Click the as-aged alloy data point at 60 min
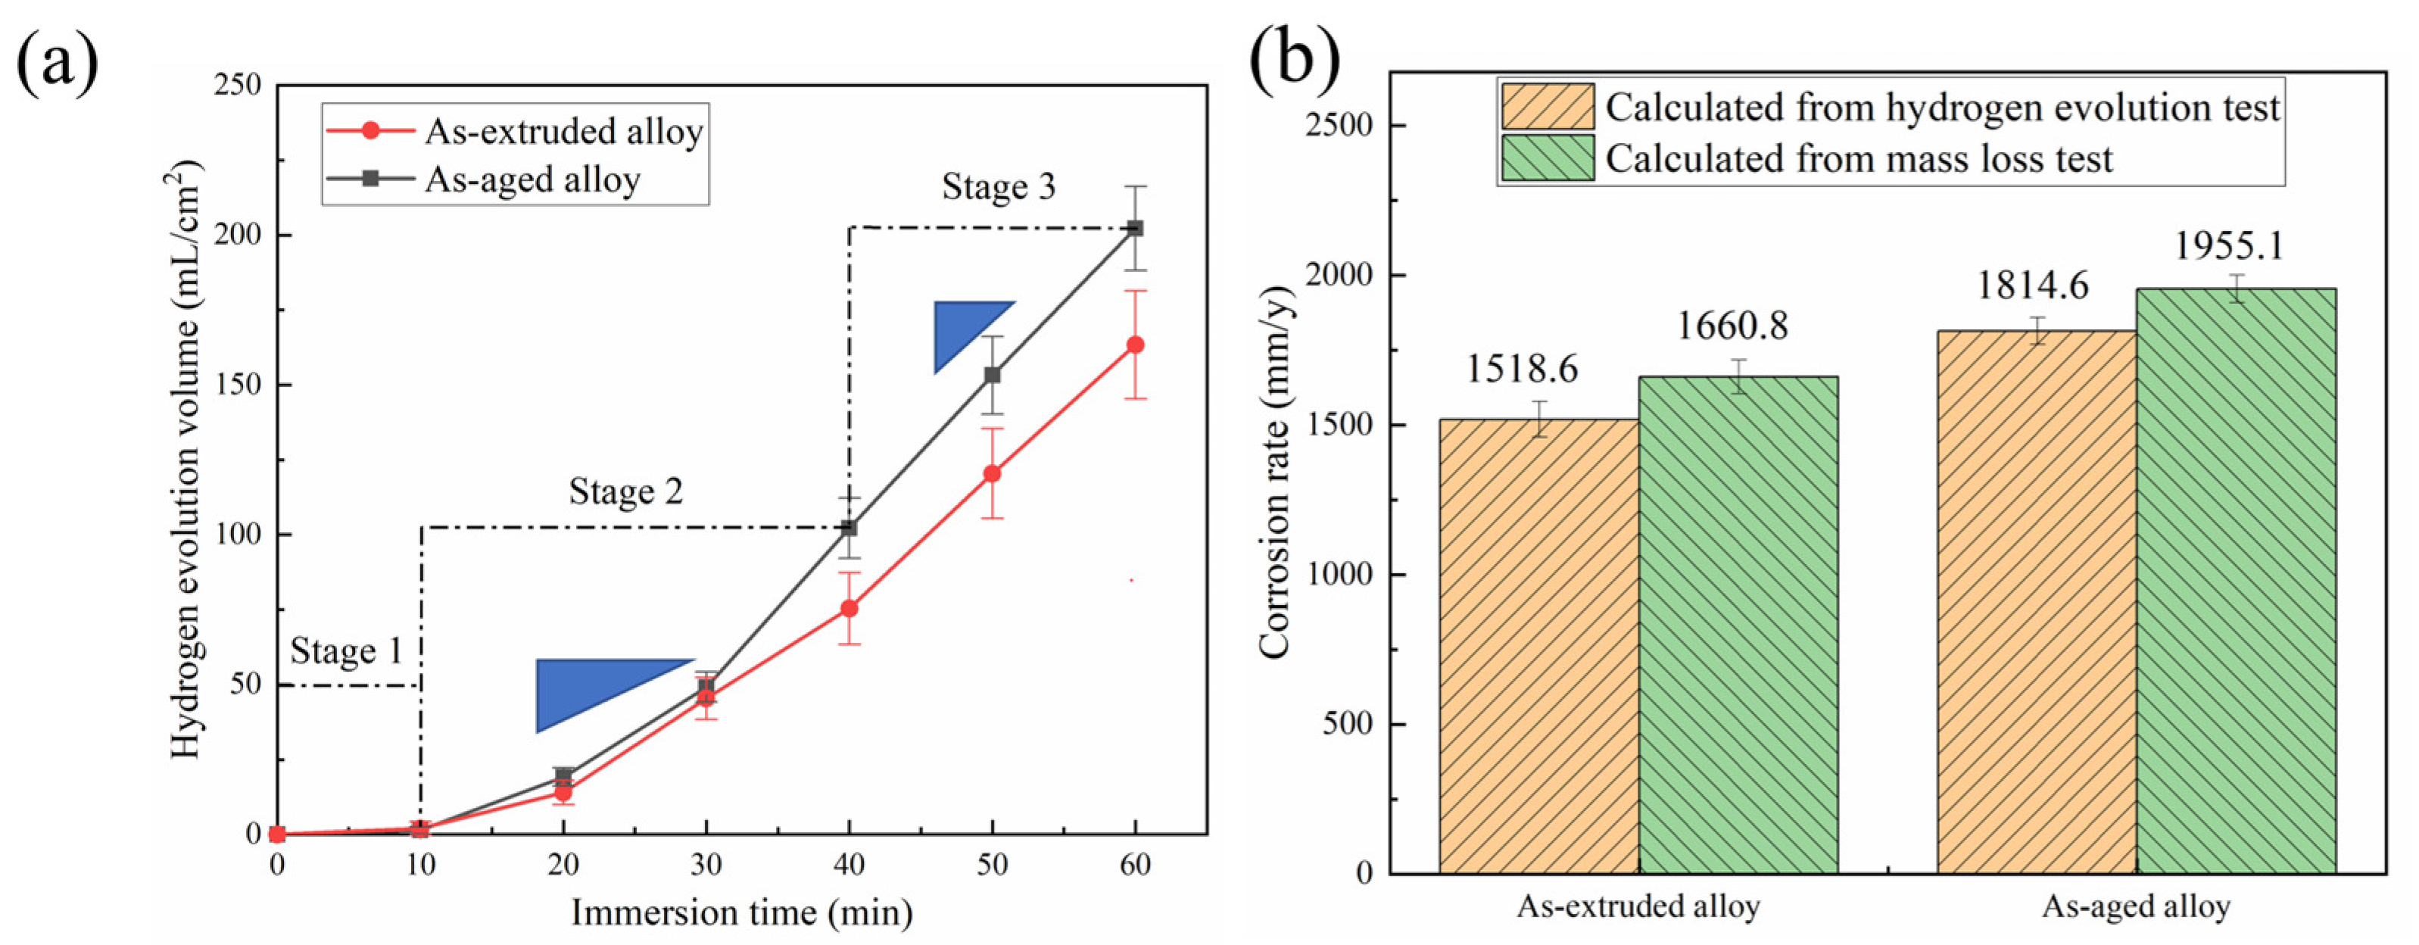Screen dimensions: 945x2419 (x=1136, y=228)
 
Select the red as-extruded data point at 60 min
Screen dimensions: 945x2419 (x=1136, y=345)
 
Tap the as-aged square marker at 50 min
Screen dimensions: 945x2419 (x=993, y=375)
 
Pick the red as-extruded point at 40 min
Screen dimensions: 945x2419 (x=849, y=609)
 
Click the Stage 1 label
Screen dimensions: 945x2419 (x=345, y=651)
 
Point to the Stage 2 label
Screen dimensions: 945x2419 (x=625, y=491)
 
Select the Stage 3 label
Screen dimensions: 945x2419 (x=998, y=187)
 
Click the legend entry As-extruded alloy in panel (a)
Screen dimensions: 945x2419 (x=563, y=132)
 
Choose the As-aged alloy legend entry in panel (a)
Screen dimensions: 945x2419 (x=532, y=179)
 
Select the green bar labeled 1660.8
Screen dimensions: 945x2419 (x=1738, y=625)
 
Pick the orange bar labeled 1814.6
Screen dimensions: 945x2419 (x=2036, y=601)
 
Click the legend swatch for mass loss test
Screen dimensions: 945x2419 (x=1548, y=157)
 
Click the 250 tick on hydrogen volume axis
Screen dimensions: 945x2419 (x=238, y=86)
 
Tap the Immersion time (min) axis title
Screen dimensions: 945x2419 (x=741, y=913)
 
